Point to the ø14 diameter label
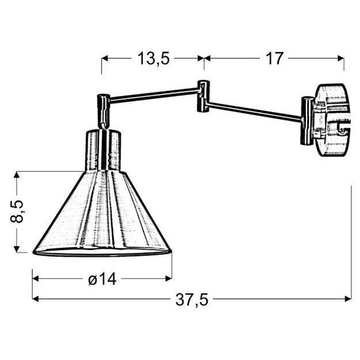pos(102,278)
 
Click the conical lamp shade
pos(102,213)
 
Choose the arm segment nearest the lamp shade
pos(153,93)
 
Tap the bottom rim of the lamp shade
pos(102,251)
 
